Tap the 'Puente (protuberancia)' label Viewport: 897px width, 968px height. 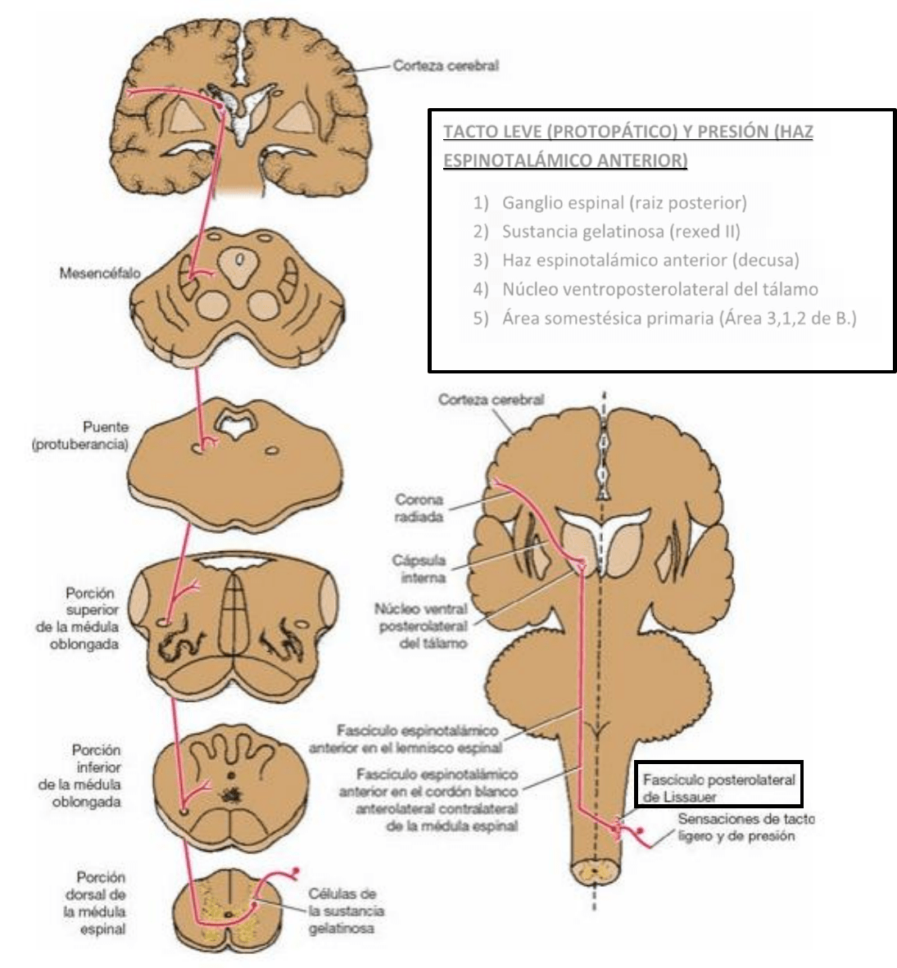[x=94, y=436]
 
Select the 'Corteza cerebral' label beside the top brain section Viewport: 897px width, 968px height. [x=445, y=66]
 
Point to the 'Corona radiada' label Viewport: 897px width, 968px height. [x=419, y=508]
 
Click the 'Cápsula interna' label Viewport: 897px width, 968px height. [x=419, y=569]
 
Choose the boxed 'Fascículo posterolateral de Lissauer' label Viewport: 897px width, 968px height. [x=718, y=787]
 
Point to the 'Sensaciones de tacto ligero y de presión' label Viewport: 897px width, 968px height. [x=745, y=827]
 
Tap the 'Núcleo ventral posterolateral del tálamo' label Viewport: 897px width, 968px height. [x=420, y=626]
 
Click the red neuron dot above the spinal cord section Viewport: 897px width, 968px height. [x=295, y=871]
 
